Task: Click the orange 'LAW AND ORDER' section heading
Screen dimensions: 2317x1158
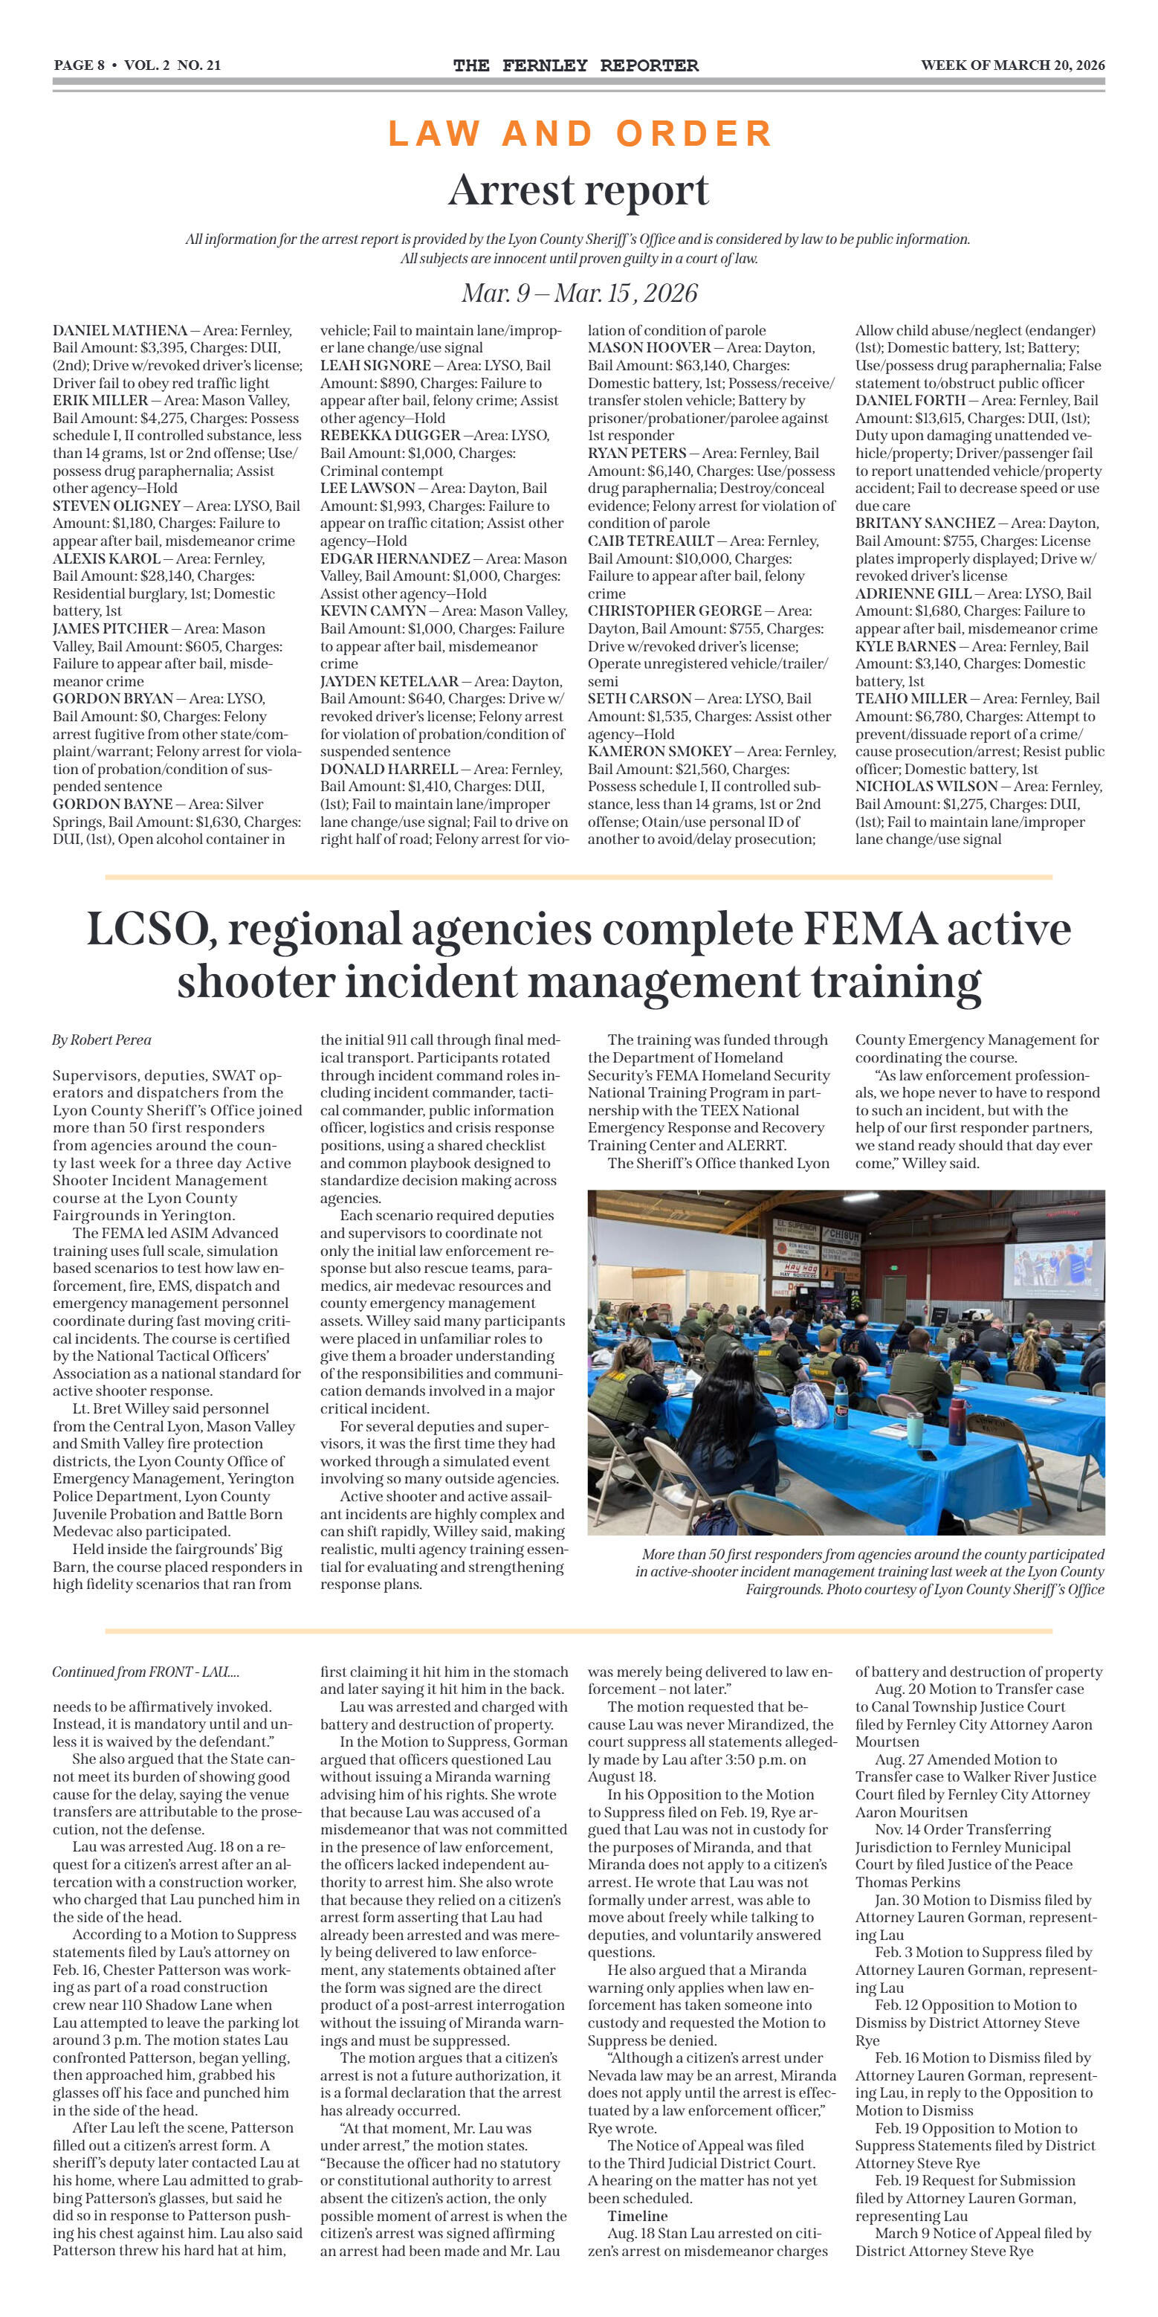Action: pos(580,134)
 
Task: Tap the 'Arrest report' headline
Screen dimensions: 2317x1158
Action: pos(578,190)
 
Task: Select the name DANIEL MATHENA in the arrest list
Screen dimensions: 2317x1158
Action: pos(120,330)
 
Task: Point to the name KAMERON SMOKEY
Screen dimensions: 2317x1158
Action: pos(659,751)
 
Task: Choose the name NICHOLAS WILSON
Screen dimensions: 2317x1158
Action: pos(925,786)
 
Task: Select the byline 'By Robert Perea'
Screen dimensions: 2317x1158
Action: pos(102,1040)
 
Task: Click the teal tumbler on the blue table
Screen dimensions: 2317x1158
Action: pos(915,1429)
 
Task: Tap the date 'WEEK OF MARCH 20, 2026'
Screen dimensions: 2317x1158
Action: pos(1012,65)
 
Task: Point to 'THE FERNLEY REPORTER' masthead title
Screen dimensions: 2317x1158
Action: pos(575,65)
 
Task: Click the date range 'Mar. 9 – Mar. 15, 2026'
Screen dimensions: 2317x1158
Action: pos(579,293)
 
